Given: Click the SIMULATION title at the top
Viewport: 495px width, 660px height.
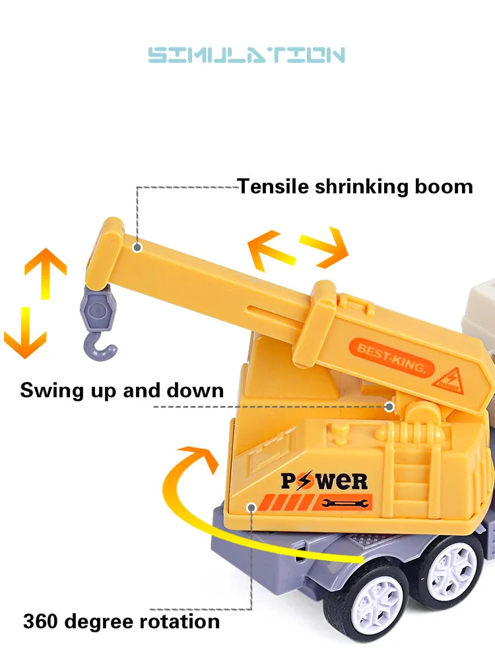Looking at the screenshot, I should coord(247,55).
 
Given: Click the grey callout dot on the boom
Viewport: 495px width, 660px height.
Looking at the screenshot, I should coord(137,247).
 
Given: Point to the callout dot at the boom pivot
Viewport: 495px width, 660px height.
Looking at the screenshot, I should coord(389,407).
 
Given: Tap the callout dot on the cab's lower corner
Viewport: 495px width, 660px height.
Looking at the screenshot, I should coord(251,507).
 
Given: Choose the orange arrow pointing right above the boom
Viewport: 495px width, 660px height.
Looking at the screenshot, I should coord(324,247).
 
